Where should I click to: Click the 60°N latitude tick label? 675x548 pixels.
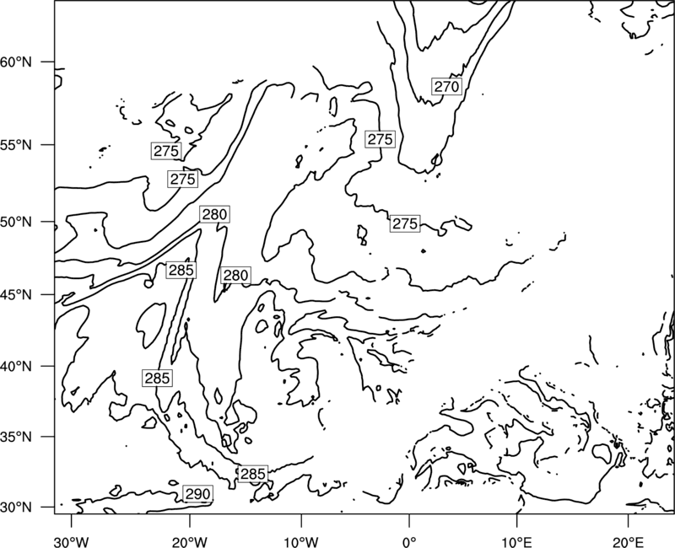pyautogui.click(x=16, y=62)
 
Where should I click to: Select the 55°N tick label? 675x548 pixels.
pyautogui.click(x=16, y=145)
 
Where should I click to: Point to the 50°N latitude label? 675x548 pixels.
pyautogui.click(x=16, y=222)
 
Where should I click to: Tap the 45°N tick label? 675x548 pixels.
pyautogui.click(x=16, y=295)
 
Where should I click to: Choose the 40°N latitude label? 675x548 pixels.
pyautogui.click(x=16, y=367)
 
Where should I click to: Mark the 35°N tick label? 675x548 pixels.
pyautogui.click(x=16, y=437)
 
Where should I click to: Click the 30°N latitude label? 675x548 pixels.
pyautogui.click(x=16, y=508)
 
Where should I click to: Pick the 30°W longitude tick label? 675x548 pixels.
pyautogui.click(x=72, y=541)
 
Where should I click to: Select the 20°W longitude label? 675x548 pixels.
pyautogui.click(x=189, y=541)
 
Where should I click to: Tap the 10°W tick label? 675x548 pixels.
pyautogui.click(x=301, y=541)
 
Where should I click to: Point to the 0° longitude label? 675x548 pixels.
pyautogui.click(x=409, y=541)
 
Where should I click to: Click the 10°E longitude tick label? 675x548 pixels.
pyautogui.click(x=516, y=541)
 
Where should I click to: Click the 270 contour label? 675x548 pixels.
pyautogui.click(x=446, y=87)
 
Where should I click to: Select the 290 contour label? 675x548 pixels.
pyautogui.click(x=197, y=494)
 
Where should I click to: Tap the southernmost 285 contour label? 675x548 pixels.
pyautogui.click(x=252, y=474)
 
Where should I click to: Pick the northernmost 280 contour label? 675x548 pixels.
pyautogui.click(x=214, y=214)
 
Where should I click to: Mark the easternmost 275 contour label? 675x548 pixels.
pyautogui.click(x=405, y=223)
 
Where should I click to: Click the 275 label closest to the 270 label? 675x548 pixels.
pyautogui.click(x=381, y=139)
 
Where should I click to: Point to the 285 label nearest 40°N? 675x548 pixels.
pyautogui.click(x=158, y=378)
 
